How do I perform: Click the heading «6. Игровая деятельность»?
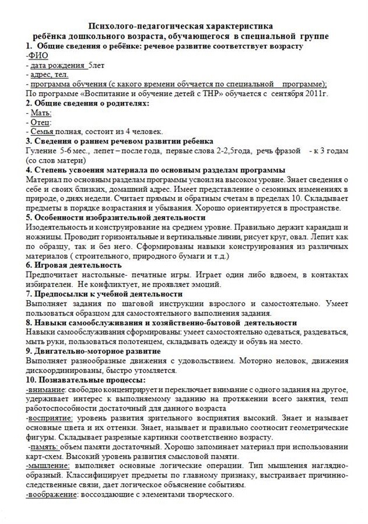[x=73, y=265]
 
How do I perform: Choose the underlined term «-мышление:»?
[x=48, y=466]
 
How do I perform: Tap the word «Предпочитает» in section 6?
[x=53, y=275]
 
